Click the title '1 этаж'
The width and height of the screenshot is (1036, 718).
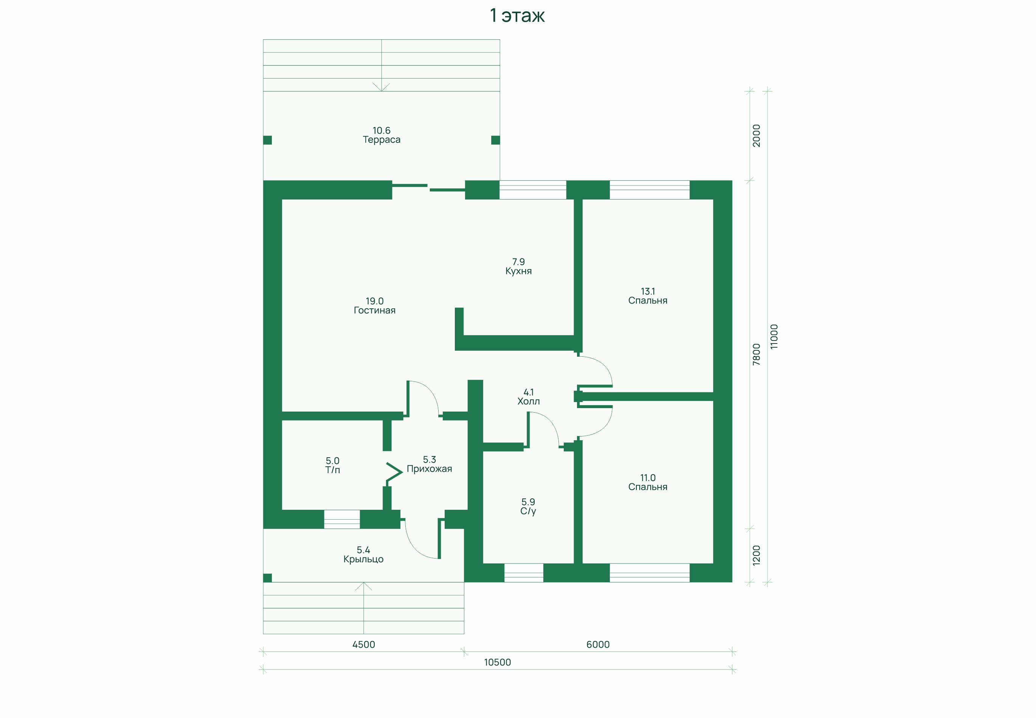click(x=517, y=16)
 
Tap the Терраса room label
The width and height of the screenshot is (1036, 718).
click(x=382, y=140)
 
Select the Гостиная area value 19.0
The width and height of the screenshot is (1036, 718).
click(x=374, y=301)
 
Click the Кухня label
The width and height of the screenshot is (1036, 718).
click(x=518, y=271)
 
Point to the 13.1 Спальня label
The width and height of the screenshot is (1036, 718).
click(x=648, y=296)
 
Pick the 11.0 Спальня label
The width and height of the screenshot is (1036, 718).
click(x=648, y=482)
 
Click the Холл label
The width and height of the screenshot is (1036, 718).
click(x=528, y=401)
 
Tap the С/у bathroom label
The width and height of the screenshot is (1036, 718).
click(x=528, y=511)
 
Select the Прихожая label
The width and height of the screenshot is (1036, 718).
click(x=430, y=469)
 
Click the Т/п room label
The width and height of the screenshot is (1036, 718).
click(x=333, y=470)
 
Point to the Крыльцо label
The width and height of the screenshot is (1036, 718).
click(x=363, y=559)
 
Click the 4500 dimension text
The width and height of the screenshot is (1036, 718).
click(x=364, y=644)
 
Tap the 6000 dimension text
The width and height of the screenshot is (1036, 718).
click(x=598, y=644)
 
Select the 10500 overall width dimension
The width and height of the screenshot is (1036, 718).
click(x=497, y=662)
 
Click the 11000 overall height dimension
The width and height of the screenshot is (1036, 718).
click(x=774, y=336)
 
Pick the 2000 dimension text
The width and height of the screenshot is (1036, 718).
click(x=756, y=135)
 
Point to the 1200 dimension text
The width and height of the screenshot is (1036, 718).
click(x=756, y=555)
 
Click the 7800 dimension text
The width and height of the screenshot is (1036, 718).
click(x=756, y=354)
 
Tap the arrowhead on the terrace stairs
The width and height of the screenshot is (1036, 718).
click(x=382, y=88)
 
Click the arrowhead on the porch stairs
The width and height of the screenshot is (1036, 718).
click(x=364, y=586)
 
